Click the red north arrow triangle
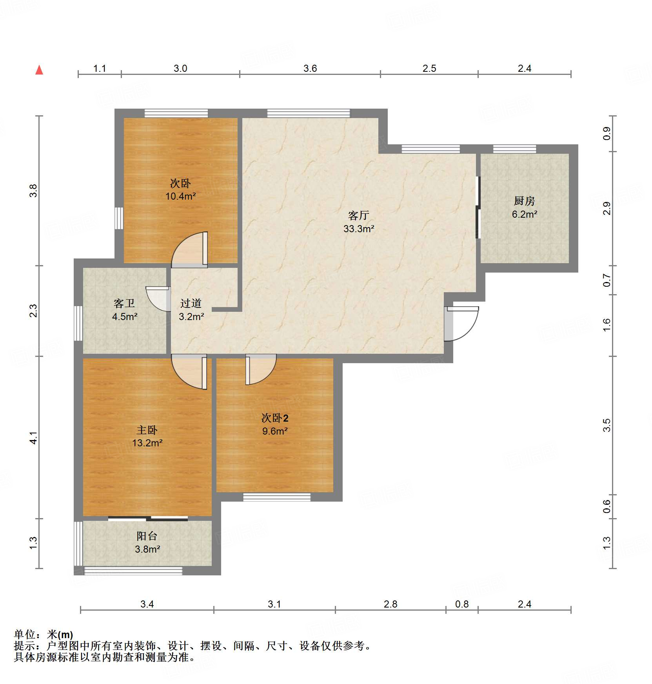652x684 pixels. click(x=39, y=70)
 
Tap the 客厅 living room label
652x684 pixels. click(x=358, y=215)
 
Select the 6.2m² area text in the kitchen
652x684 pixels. click(x=524, y=215)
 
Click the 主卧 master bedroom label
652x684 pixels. click(x=147, y=430)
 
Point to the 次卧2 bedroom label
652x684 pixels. click(x=275, y=418)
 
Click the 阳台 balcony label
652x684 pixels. click(x=147, y=536)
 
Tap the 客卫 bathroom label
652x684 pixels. click(x=124, y=303)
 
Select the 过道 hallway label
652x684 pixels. click(x=191, y=303)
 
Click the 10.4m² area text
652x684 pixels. click(x=180, y=196)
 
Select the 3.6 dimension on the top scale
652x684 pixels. click(x=310, y=69)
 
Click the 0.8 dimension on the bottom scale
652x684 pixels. click(x=461, y=604)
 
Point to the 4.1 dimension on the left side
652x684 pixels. click(x=34, y=438)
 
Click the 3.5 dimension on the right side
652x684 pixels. click(x=607, y=426)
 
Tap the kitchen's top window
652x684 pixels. click(x=514, y=149)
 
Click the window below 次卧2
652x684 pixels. click(x=277, y=497)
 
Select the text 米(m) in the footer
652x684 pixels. click(x=60, y=635)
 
